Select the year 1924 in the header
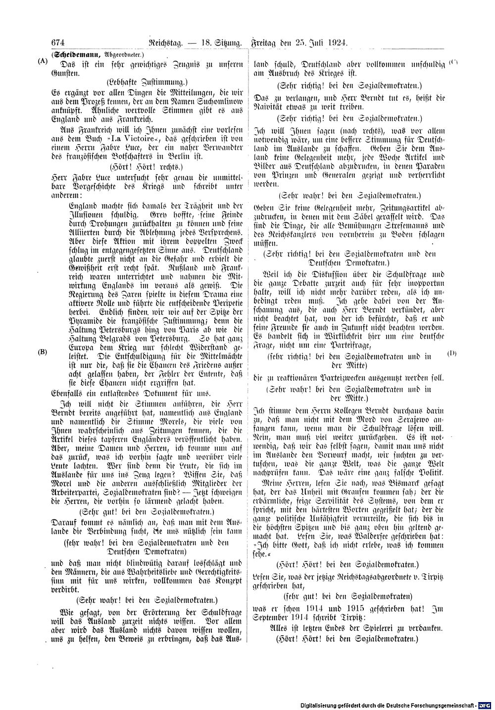tap(337, 43)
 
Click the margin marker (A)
tap(41, 62)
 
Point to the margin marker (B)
tap(43, 352)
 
